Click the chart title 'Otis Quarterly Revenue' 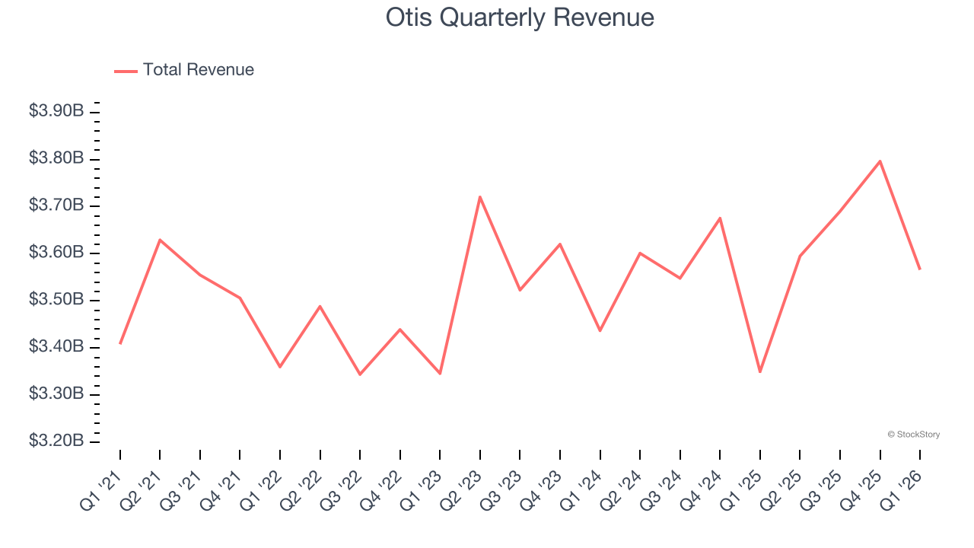[520, 18]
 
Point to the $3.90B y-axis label [56, 111]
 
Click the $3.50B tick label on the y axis [56, 300]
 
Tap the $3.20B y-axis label [56, 441]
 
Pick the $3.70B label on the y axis [56, 205]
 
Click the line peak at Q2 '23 [480, 197]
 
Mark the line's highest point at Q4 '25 [880, 161]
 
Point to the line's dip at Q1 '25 [760, 371]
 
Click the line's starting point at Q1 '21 [120, 343]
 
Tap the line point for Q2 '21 [160, 240]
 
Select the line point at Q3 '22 [360, 374]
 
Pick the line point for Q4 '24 [720, 218]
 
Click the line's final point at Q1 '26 [920, 269]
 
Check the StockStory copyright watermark [914, 435]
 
